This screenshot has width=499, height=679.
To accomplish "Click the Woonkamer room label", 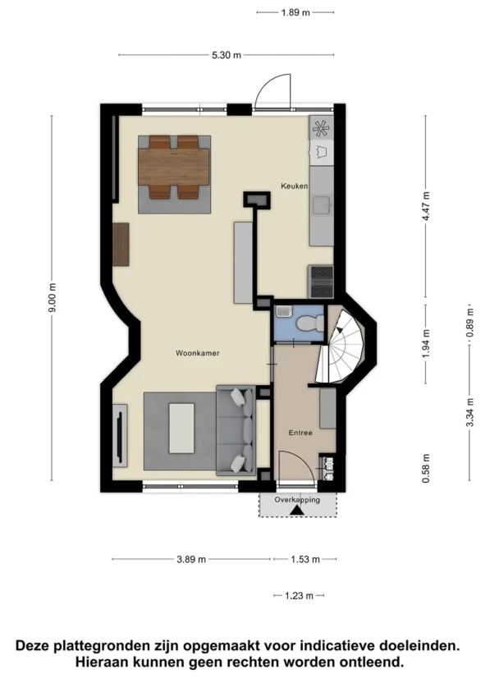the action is point(197,353).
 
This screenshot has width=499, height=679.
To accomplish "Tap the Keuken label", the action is point(295,186).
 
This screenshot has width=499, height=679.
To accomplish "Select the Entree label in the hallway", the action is point(300,433).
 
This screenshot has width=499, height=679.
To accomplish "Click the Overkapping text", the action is point(297,500).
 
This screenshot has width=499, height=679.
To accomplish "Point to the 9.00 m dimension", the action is point(52,297).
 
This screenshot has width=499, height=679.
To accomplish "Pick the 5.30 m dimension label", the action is point(227,55).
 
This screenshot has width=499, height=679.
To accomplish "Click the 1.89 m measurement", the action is point(295,12).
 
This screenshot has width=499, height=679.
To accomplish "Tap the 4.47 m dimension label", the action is point(426,206).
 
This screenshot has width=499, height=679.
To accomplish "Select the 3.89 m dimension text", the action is point(191,559).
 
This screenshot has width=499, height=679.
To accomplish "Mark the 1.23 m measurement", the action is point(299,596).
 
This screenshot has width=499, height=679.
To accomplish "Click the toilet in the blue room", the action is point(310,323).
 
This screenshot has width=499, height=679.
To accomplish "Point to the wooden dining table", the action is point(174,167).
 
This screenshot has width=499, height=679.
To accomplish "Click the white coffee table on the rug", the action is point(181,429).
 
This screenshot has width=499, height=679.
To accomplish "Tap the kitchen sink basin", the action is point(322,204).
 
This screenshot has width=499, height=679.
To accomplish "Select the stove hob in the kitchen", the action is point(321,282).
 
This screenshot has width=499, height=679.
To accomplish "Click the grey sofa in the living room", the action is point(236,430).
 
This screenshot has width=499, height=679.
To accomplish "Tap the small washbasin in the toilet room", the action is point(283,311).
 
